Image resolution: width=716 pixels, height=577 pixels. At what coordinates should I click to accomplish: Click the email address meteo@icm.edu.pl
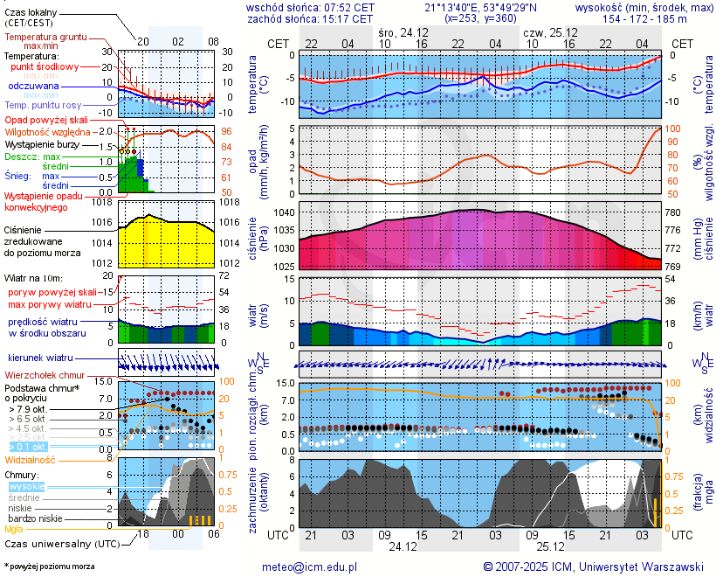coord(310,567)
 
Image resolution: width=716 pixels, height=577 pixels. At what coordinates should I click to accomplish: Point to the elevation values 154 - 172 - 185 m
coord(644,18)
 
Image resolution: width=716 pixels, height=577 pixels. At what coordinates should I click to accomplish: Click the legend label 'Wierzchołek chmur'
coord(45,374)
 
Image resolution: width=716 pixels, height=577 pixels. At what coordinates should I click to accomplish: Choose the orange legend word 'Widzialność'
coord(31,459)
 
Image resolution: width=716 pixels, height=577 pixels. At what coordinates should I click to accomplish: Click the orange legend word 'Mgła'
coord(14,529)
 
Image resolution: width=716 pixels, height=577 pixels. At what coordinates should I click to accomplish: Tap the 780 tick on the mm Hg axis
coord(672,213)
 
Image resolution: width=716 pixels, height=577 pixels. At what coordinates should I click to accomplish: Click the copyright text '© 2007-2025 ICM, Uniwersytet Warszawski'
coord(593,567)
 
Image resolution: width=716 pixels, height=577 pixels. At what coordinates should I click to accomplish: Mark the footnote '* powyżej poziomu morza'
coord(49,567)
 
